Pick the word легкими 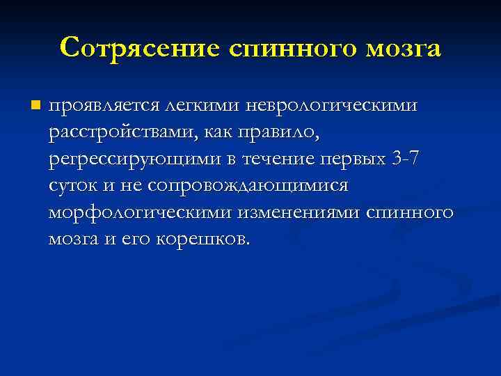(x=202, y=107)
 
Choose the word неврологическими (x=331, y=107)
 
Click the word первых (x=352, y=159)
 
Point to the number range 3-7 (x=406, y=159)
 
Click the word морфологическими (x=139, y=212)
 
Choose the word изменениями (x=299, y=212)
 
